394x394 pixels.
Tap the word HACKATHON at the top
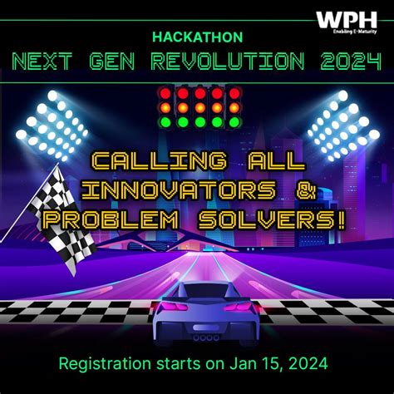(x=197, y=37)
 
